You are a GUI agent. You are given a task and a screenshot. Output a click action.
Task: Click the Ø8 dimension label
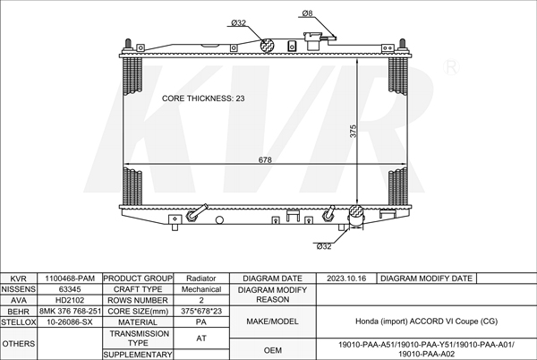pyautogui.click(x=307, y=13)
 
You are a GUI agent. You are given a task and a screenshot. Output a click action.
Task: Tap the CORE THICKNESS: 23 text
pyautogui.click(x=203, y=99)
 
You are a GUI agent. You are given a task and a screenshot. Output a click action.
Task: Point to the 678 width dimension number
pyautogui.click(x=265, y=159)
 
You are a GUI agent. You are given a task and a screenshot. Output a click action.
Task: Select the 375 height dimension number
pyautogui.click(x=353, y=131)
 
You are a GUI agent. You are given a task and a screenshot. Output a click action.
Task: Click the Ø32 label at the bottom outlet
pyautogui.click(x=324, y=246)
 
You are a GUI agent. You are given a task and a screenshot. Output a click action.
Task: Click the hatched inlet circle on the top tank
pyautogui.click(x=268, y=45)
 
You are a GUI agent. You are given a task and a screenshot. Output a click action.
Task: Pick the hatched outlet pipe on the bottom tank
pyautogui.click(x=356, y=216)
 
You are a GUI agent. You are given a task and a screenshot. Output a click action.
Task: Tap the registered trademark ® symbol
pyautogui.click(x=451, y=67)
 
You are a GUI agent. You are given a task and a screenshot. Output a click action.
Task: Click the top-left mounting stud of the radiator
pyautogui.click(x=128, y=45)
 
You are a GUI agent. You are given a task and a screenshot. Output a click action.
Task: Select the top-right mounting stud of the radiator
pyautogui.click(x=403, y=45)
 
